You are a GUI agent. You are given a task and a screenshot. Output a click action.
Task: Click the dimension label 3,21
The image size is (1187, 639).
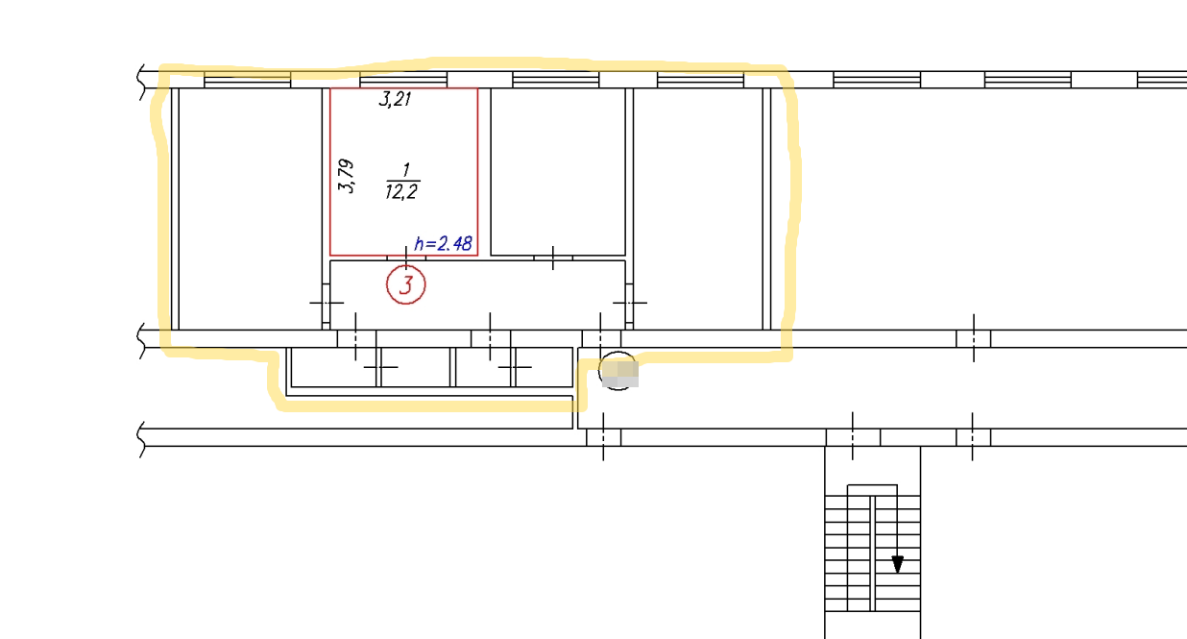click(395, 99)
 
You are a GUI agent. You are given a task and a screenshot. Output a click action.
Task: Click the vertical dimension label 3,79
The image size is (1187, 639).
click(346, 176)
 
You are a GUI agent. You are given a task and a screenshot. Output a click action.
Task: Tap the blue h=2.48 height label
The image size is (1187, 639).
click(443, 243)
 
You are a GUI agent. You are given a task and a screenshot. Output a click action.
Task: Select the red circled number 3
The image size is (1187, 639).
click(406, 284)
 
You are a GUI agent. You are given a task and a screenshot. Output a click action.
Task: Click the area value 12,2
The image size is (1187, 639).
click(401, 191)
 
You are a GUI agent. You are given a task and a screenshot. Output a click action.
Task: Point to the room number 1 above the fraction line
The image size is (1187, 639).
click(405, 170)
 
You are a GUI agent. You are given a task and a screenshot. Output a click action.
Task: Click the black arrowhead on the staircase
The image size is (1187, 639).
click(897, 564)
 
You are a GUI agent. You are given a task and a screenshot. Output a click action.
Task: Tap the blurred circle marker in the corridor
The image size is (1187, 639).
click(618, 371)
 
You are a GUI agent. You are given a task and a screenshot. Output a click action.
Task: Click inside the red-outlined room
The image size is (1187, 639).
click(403, 137)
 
